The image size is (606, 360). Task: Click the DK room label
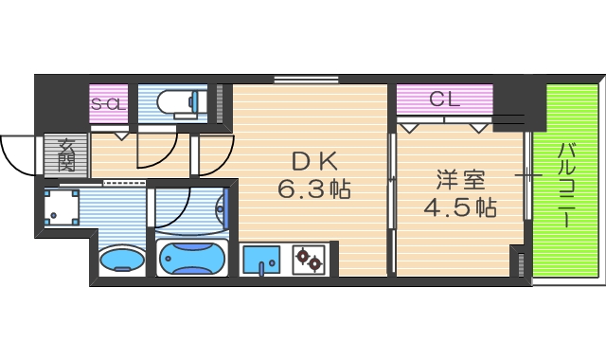(x=312, y=159)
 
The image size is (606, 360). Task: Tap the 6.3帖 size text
(x=314, y=190)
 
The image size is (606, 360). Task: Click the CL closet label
(x=444, y=98)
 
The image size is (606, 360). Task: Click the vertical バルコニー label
(x=565, y=185)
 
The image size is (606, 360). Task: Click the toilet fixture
(x=180, y=100)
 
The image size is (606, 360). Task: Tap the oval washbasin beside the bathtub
(x=120, y=258)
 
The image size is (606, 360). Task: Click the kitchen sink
(x=261, y=259)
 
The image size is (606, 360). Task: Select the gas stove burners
(x=308, y=259)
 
